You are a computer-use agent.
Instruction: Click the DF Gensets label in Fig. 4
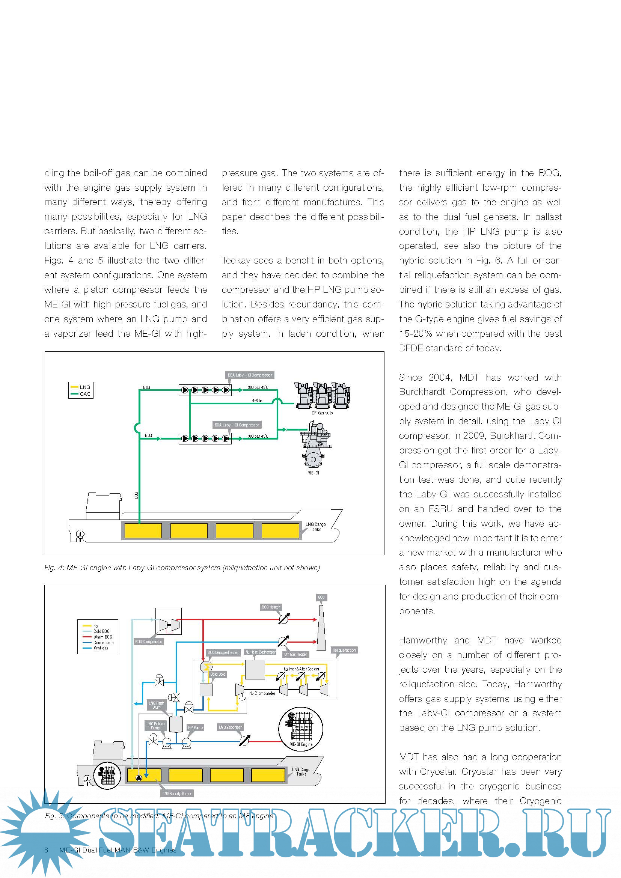[322, 413]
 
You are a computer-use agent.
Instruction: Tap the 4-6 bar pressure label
[258, 401]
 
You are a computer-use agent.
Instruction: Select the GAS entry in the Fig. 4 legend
[85, 394]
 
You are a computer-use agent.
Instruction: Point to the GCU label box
[321, 597]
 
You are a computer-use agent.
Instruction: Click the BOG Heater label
[271, 607]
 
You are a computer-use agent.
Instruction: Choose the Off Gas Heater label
[296, 654]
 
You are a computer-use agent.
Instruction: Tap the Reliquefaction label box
[344, 650]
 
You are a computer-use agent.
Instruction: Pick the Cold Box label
[218, 674]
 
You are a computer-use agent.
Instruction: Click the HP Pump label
[195, 727]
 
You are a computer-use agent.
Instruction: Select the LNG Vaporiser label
[230, 727]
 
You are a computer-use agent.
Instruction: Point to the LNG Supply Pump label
[177, 794]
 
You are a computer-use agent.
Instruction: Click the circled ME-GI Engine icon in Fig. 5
[301, 729]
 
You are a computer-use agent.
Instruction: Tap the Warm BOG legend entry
[102, 637]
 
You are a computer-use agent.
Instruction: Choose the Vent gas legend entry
[101, 648]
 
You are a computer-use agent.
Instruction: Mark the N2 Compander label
[262, 693]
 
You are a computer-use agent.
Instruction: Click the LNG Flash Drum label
[157, 705]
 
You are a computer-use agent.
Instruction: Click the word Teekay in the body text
[234, 261]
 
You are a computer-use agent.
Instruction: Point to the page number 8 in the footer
[46, 850]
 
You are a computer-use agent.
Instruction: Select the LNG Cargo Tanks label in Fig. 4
[315, 527]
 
